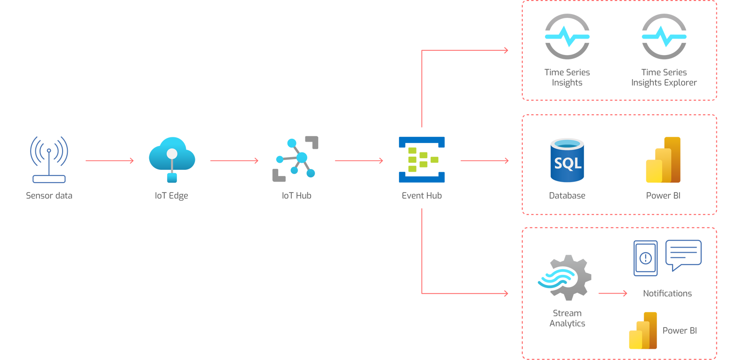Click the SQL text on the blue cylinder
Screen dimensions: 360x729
(x=568, y=164)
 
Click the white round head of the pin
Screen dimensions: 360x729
(x=172, y=153)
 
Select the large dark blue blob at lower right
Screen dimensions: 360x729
(x=659, y=259)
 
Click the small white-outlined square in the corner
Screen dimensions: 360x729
(x=705, y=352)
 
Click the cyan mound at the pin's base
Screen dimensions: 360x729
(x=172, y=177)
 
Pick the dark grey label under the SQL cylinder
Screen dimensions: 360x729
(x=570, y=195)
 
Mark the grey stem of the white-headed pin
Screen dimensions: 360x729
(x=172, y=165)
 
